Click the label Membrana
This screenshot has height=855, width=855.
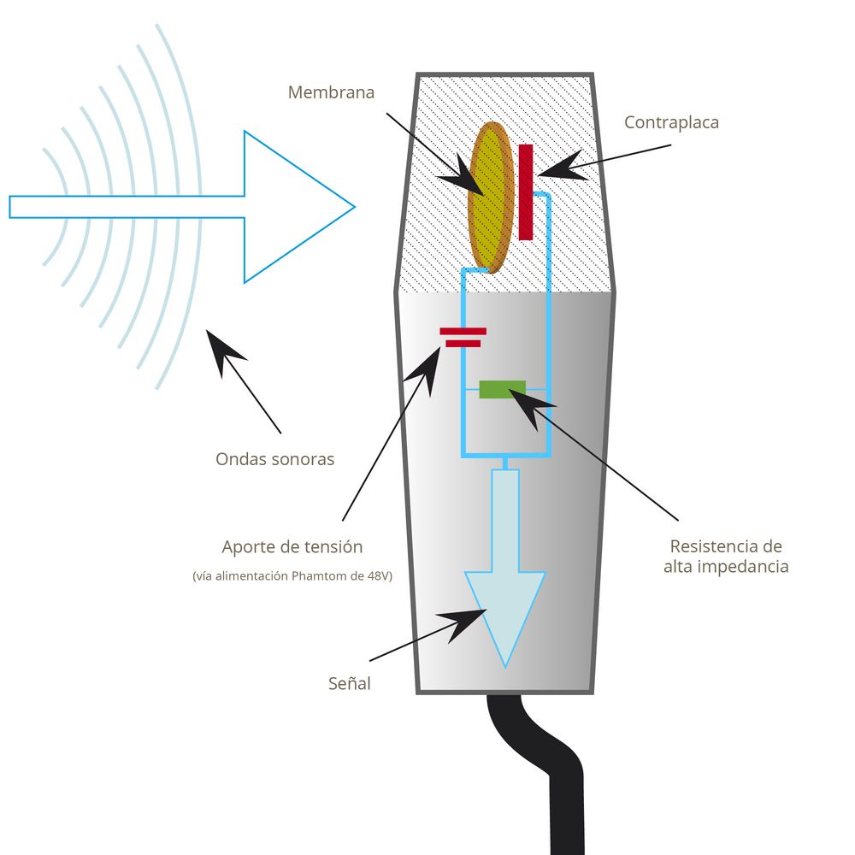pyautogui.click(x=331, y=92)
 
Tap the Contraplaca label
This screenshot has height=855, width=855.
pyautogui.click(x=671, y=122)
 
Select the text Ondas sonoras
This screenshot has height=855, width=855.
pyautogui.click(x=274, y=459)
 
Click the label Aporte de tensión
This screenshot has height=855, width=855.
pyautogui.click(x=292, y=547)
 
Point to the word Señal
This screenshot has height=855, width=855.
pyautogui.click(x=350, y=684)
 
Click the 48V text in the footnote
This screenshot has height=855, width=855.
pyautogui.click(x=376, y=577)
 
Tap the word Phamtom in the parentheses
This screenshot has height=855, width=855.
pyautogui.click(x=315, y=577)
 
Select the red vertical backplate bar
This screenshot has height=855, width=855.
pyautogui.click(x=526, y=192)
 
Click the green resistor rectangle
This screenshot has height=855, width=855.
pyautogui.click(x=502, y=389)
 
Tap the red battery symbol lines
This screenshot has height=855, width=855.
pyautogui.click(x=463, y=337)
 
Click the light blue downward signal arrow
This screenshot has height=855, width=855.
pyautogui.click(x=505, y=581)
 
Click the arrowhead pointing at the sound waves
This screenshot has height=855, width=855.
pyautogui.click(x=223, y=349)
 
